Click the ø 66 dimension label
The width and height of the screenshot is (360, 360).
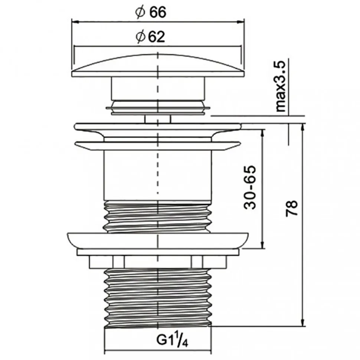click(x=151, y=12)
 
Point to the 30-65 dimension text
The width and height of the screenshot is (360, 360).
click(x=250, y=187)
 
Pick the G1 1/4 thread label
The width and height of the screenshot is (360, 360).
click(x=173, y=340)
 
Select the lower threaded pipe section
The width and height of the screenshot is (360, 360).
click(x=158, y=297)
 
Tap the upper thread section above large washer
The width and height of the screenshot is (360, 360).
click(x=158, y=217)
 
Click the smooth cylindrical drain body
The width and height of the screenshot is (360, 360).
click(x=158, y=175)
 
